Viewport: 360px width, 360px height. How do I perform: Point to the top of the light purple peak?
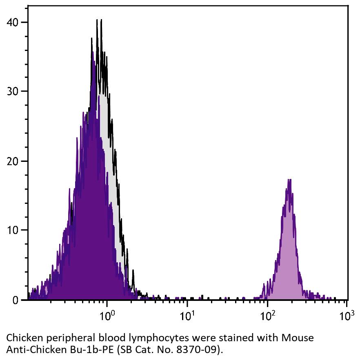coord(289,179)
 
